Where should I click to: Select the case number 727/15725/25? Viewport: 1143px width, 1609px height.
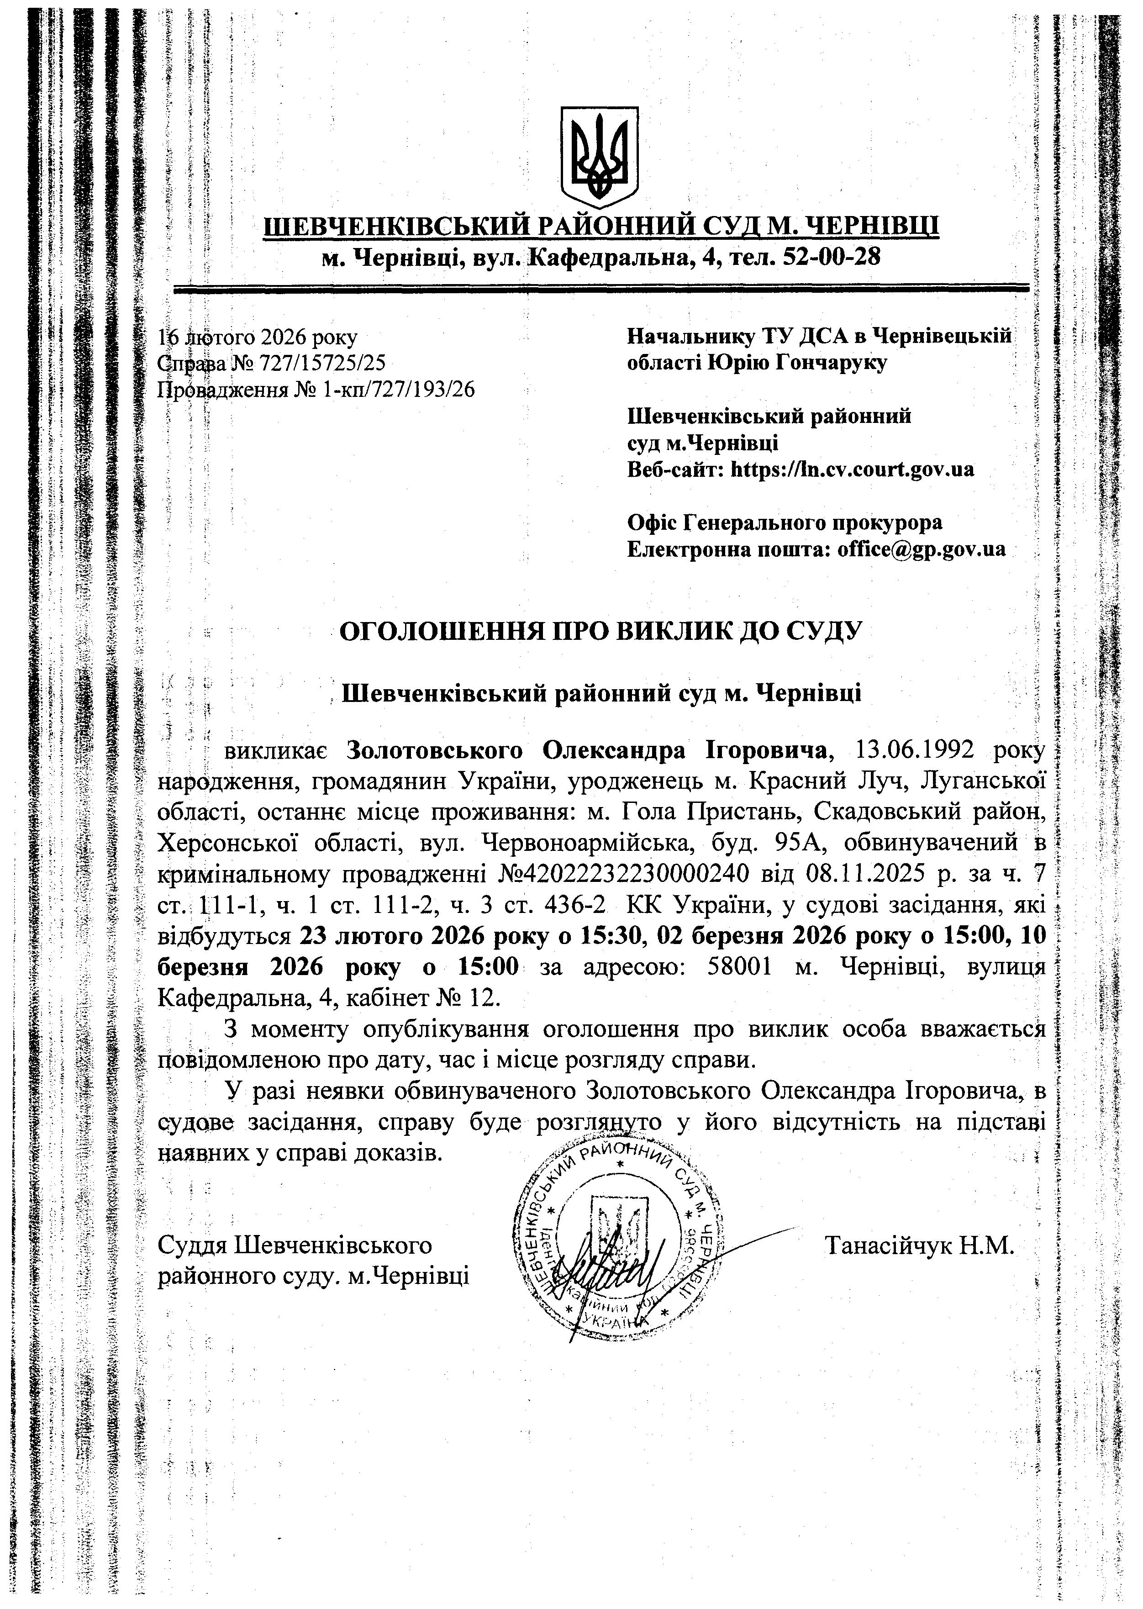[322, 363]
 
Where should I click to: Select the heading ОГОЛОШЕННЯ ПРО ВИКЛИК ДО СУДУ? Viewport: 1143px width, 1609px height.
[600, 631]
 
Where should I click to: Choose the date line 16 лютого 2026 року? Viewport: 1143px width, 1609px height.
[258, 337]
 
